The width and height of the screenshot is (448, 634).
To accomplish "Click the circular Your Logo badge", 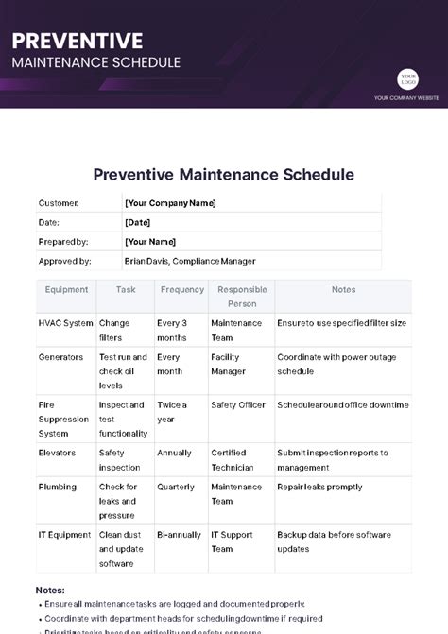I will (x=408, y=79).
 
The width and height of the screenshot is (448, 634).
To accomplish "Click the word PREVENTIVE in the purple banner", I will (x=78, y=41).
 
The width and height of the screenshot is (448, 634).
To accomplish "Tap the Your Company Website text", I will (x=405, y=97).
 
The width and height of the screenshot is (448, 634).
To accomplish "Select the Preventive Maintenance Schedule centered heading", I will (x=224, y=175).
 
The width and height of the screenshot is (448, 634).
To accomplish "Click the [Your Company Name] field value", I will (x=170, y=203).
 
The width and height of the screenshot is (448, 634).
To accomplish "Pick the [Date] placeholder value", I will (x=137, y=222).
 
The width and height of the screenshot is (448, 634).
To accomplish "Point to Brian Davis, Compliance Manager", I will (x=190, y=261).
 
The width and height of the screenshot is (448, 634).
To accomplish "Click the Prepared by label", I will (x=62, y=242).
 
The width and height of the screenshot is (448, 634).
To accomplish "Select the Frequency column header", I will (x=181, y=290).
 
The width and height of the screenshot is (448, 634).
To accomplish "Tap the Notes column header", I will (x=343, y=290).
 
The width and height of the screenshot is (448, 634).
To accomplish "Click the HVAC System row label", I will (x=65, y=323).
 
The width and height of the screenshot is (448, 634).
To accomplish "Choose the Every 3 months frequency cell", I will (x=172, y=330).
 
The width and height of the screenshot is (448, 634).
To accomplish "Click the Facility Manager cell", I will (x=227, y=365).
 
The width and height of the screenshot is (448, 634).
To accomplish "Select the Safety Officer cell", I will (x=238, y=405).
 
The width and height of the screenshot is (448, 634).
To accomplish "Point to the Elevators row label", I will (x=58, y=453).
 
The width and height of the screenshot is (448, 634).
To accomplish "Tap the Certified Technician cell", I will (x=233, y=460).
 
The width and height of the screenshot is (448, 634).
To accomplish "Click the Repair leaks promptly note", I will (x=319, y=488).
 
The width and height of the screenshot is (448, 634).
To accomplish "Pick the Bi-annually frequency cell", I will (x=179, y=535).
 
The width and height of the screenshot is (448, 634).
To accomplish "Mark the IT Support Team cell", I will (x=235, y=541).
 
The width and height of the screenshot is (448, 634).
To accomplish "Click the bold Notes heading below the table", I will (x=50, y=591).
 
